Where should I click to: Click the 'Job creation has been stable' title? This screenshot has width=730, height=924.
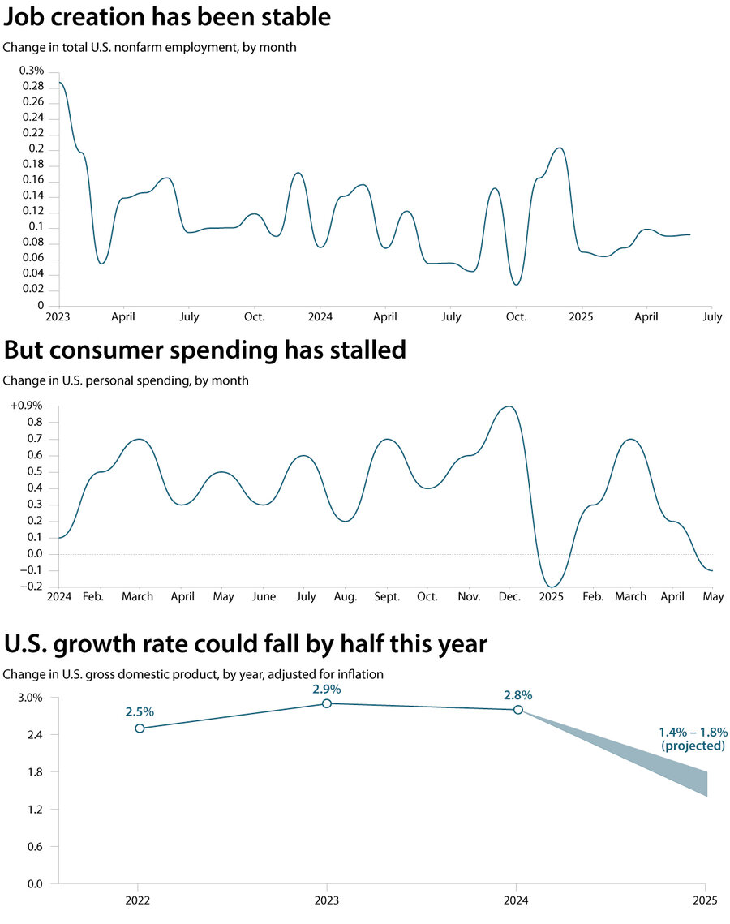[x=167, y=17]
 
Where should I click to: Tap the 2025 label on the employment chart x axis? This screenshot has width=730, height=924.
[x=582, y=316]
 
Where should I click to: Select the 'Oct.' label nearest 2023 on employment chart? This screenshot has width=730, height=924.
[x=254, y=316]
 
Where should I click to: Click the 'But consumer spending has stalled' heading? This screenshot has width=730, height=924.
[x=204, y=350]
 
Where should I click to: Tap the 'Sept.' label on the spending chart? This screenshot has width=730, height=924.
[x=387, y=597]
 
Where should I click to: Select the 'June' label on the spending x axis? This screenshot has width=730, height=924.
[x=264, y=597]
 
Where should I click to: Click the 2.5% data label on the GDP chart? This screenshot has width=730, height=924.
[x=140, y=711]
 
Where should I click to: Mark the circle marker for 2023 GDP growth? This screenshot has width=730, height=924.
[x=327, y=703]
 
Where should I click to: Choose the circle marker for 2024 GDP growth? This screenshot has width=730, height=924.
[x=518, y=710]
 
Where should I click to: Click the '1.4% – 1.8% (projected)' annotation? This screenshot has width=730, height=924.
[x=693, y=738]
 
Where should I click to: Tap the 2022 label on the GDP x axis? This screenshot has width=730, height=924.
[x=137, y=900]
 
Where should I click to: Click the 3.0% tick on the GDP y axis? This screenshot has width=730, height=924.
[x=31, y=698]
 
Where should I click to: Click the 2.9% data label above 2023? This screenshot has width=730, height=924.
[x=327, y=689]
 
